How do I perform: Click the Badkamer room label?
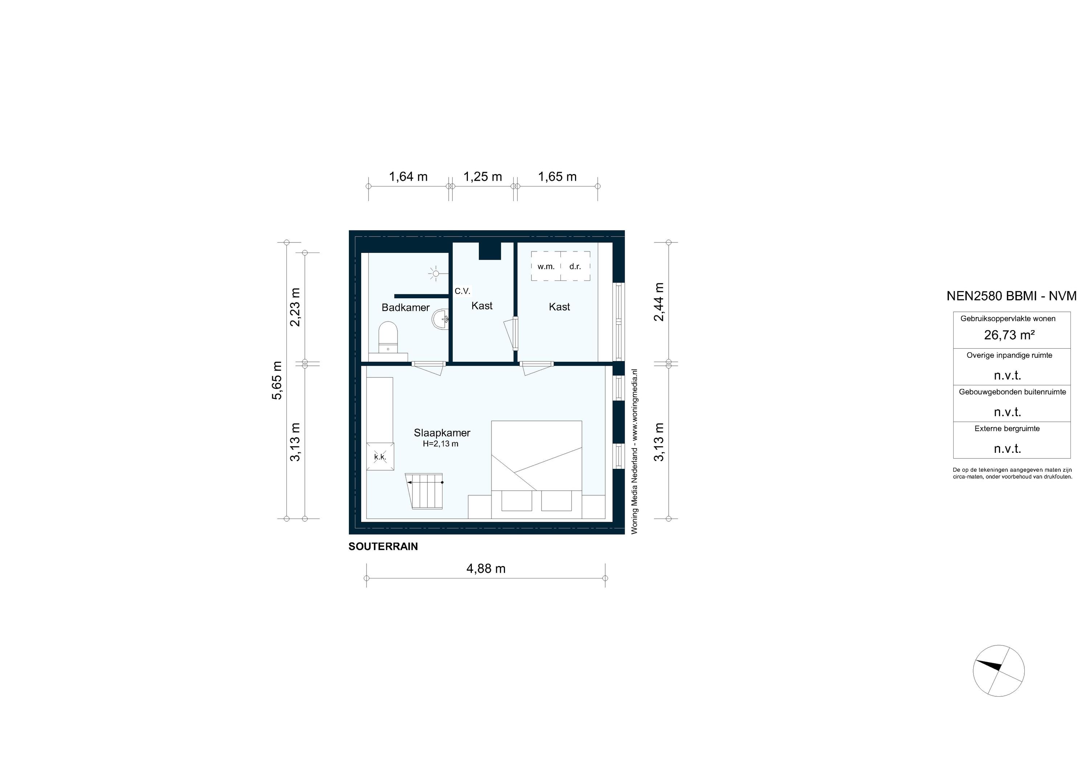pyautogui.click(x=405, y=308)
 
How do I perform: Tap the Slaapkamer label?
pyautogui.click(x=441, y=433)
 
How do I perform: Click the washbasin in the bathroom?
pyautogui.click(x=441, y=319)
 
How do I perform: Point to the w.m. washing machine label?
pyautogui.click(x=546, y=266)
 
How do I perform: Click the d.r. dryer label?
pyautogui.click(x=575, y=266)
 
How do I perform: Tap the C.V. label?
pyautogui.click(x=462, y=291)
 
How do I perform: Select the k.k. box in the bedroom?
pyautogui.click(x=380, y=456)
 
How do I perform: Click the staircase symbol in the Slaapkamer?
pyautogui.click(x=426, y=491)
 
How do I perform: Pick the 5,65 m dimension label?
pyautogui.click(x=277, y=380)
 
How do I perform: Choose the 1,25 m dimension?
pyautogui.click(x=482, y=177)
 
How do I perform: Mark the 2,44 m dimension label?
pyautogui.click(x=659, y=302)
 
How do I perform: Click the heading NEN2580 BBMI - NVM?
pyautogui.click(x=1011, y=296)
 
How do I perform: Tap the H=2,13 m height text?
pyautogui.click(x=441, y=444)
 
